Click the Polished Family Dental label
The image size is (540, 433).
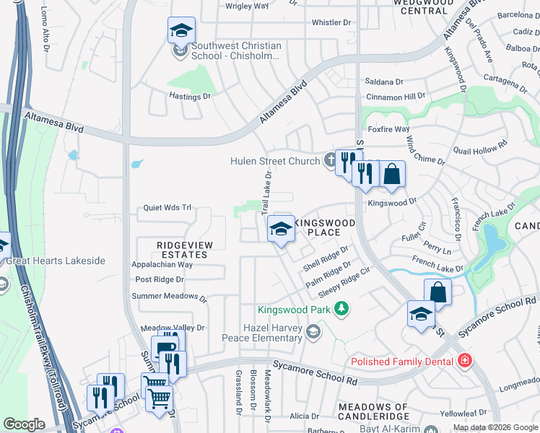click(401, 362)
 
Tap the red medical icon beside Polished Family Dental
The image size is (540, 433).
click(465, 361)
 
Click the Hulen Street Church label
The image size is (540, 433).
click(275, 161)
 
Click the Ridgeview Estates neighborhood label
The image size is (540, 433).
click(185, 250)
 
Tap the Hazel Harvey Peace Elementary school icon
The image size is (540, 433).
click(313, 332)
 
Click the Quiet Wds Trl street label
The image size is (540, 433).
click(167, 208)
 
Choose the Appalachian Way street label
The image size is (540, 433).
click(162, 265)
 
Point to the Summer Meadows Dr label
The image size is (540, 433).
click(169, 297)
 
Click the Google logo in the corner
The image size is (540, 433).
click(24, 424)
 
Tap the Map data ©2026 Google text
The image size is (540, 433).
click(496, 427)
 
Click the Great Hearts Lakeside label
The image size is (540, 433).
click(56, 261)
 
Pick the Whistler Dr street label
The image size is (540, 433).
click(331, 23)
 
